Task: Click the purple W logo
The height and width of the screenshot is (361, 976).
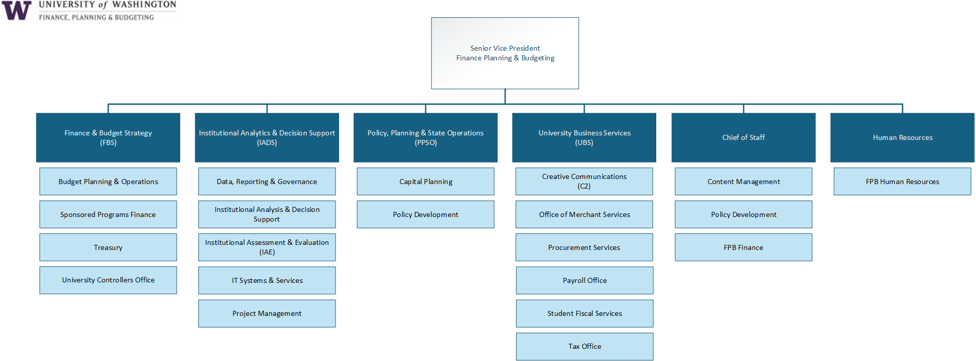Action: pyautogui.click(x=17, y=10)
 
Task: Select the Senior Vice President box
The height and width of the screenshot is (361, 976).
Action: pyautogui.click(x=505, y=53)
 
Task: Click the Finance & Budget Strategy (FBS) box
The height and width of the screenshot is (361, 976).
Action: pyautogui.click(x=108, y=137)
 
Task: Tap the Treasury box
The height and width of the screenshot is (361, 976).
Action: pyautogui.click(x=108, y=247)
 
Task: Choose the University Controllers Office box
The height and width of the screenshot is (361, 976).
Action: pyautogui.click(x=108, y=280)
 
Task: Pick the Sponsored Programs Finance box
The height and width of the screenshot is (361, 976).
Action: pyautogui.click(x=108, y=214)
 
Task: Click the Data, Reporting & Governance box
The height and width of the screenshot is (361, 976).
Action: pyautogui.click(x=267, y=182)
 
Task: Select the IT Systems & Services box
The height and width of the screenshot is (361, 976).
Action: pyautogui.click(x=267, y=280)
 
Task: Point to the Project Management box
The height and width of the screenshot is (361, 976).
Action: pyautogui.click(x=267, y=313)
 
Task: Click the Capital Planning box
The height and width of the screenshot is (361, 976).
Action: pyautogui.click(x=425, y=182)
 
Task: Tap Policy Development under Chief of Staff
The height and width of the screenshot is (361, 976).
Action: pyautogui.click(x=744, y=214)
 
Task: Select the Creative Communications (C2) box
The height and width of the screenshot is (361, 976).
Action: pyautogui.click(x=584, y=182)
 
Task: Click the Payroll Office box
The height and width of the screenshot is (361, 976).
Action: pyautogui.click(x=585, y=280)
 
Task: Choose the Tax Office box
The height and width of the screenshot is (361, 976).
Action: pyautogui.click(x=585, y=346)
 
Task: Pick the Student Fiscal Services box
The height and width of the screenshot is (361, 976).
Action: pyautogui.click(x=585, y=313)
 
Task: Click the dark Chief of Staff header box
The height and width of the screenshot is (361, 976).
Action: pyautogui.click(x=744, y=137)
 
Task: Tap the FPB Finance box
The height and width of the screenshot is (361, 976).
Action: pyautogui.click(x=744, y=247)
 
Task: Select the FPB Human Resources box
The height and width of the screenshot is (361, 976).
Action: pyautogui.click(x=902, y=182)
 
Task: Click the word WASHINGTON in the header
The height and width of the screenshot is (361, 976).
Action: pyautogui.click(x=144, y=5)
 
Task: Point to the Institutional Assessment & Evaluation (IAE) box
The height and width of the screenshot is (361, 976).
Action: pyautogui.click(x=267, y=247)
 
